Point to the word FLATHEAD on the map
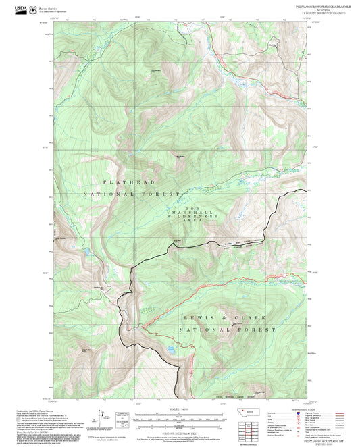(x=129, y=183)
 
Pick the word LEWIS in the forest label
(x=196, y=318)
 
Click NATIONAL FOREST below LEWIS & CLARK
(x=227, y=330)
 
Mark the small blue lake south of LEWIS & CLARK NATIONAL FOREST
(x=172, y=350)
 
